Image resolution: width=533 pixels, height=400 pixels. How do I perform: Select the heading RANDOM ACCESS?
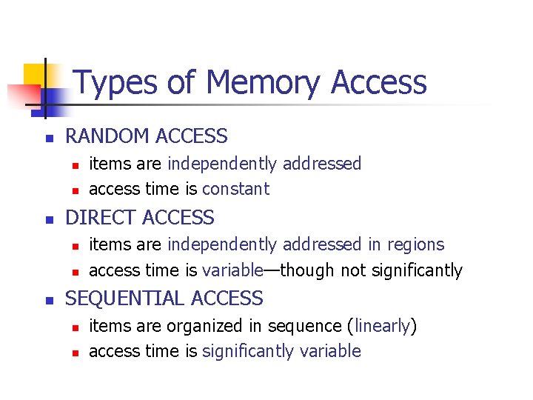point(147,136)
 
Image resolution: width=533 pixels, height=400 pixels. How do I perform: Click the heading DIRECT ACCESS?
point(140,218)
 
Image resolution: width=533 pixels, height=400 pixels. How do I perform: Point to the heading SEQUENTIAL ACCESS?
point(164,299)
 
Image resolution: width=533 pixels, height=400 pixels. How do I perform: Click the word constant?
point(235,189)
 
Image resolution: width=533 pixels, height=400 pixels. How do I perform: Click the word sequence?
point(306,326)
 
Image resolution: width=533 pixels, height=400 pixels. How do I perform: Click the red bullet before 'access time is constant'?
point(75,190)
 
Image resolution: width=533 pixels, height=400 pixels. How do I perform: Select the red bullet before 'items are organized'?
point(75,327)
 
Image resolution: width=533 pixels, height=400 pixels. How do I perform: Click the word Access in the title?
point(379,82)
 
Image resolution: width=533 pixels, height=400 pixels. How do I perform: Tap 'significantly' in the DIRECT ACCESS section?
point(417,271)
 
